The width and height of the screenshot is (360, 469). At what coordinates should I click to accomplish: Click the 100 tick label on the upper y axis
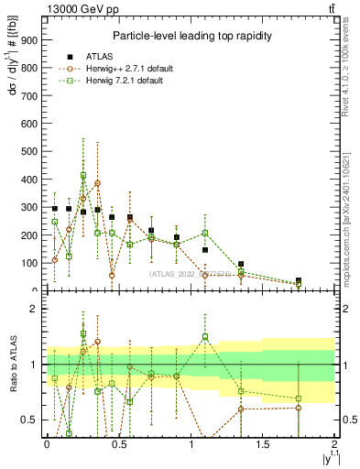(x=29, y=264)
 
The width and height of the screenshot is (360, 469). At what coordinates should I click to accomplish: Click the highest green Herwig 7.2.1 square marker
(x=83, y=175)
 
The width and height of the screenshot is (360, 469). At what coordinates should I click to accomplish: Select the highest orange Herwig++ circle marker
(x=97, y=183)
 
